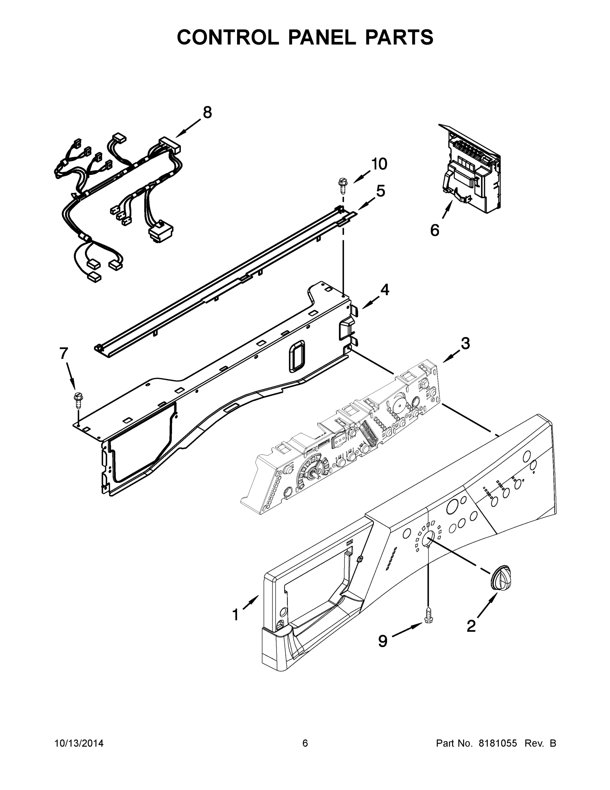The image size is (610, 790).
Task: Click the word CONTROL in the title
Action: [x=228, y=37]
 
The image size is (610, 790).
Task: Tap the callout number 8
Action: [x=207, y=113]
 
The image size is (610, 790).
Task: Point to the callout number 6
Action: [x=434, y=230]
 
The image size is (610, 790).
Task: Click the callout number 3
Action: [x=465, y=343]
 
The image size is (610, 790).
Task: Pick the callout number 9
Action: [x=383, y=641]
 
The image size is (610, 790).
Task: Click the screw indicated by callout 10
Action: [x=341, y=185]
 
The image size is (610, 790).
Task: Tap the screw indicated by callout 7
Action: [x=77, y=398]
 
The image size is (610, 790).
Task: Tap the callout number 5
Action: [x=380, y=191]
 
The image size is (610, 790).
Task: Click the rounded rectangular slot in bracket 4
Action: [x=297, y=356]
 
